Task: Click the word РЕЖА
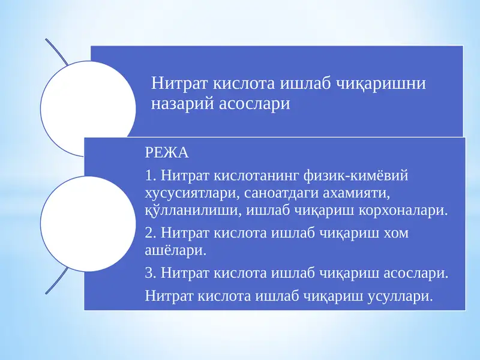(167, 152)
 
